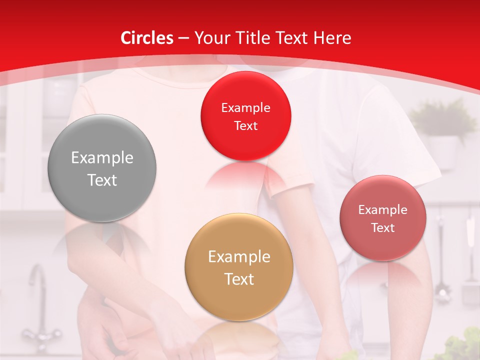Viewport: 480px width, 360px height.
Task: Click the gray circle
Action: click(102, 168)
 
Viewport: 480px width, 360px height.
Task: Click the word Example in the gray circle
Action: click(102, 158)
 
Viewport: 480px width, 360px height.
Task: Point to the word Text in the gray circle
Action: click(102, 180)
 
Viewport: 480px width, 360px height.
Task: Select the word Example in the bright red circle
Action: click(245, 108)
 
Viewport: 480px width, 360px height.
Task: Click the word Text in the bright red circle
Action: click(245, 125)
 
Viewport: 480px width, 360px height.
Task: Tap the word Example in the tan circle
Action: click(239, 257)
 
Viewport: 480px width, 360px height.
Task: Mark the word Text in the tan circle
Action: click(239, 279)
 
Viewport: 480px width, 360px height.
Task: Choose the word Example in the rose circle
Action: click(383, 210)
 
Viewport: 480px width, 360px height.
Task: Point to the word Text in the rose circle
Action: click(383, 227)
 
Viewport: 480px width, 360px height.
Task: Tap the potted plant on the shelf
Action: click(443, 130)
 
